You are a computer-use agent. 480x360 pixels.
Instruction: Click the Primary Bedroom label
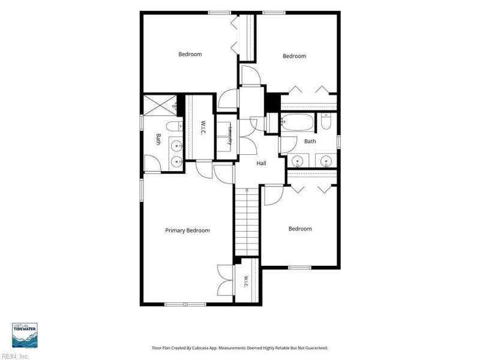pos(187,230)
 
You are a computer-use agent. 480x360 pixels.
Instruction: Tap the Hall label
pos(261,163)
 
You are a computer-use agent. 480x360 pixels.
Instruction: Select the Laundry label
pos(230,136)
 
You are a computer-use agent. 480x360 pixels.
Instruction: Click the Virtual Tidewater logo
pos(25,335)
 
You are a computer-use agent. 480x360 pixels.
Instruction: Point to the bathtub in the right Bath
pos(298,122)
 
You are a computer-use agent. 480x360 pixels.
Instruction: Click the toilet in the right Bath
pos(326,122)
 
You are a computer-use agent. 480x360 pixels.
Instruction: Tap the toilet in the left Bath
pos(175,126)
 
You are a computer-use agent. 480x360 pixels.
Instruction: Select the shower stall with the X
pos(160,106)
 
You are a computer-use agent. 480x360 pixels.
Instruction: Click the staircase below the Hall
pos(247,222)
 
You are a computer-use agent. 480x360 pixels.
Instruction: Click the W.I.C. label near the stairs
pos(246,282)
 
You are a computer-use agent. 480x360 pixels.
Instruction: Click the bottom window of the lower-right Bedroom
pos(299,268)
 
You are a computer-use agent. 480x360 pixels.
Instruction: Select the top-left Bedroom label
pos(190,54)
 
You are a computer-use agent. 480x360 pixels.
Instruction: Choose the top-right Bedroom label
pos(294,56)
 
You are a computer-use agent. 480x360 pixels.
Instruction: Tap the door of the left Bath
pos(152,164)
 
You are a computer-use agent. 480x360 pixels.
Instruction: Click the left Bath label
pos(158,139)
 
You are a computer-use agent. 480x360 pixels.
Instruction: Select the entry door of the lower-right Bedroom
pos(274,195)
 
